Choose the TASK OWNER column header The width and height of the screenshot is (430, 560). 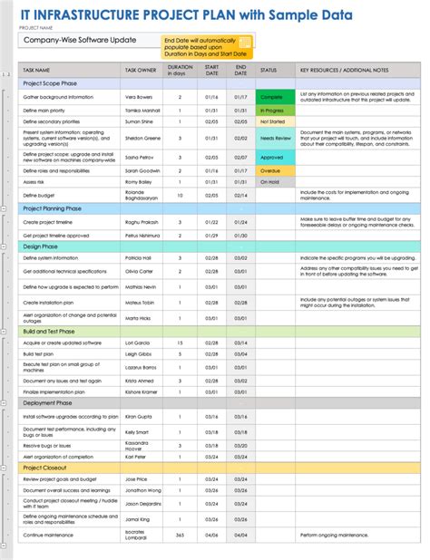[143, 69]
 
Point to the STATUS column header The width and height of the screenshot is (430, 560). [269, 69]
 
